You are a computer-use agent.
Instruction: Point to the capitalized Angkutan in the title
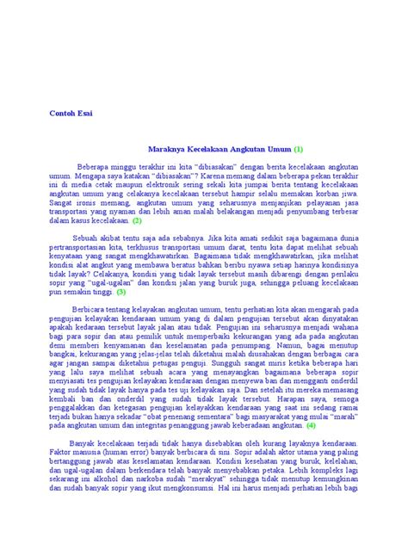(x=244, y=148)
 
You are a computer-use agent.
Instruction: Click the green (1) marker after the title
(x=299, y=148)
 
